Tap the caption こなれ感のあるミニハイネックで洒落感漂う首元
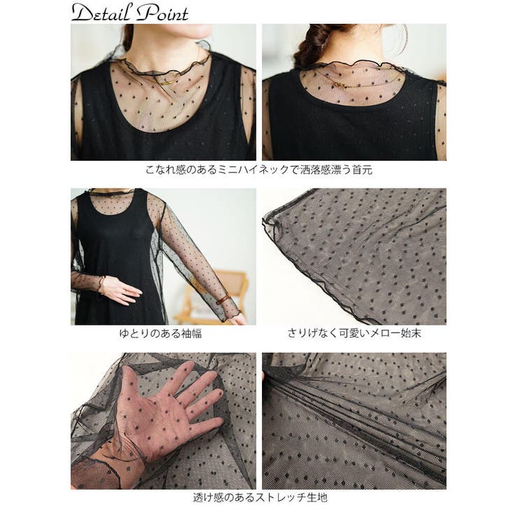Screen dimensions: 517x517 coord(259,170)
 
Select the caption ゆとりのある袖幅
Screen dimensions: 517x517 coord(161,333)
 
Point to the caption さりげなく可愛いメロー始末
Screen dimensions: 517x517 coord(354,333)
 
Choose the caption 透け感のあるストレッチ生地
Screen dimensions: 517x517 coord(260,497)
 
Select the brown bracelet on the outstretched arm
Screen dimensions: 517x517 coord(225,299)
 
